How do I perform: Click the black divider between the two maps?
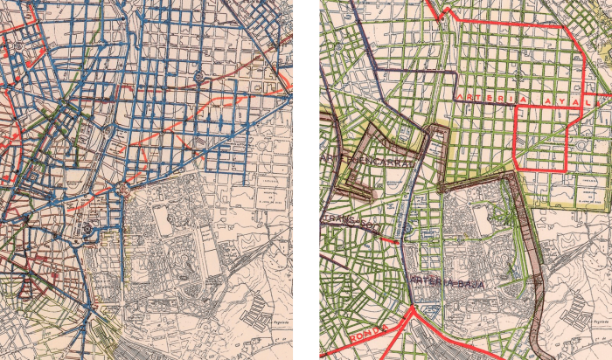point(306,180)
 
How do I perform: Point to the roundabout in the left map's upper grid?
point(200,76)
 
